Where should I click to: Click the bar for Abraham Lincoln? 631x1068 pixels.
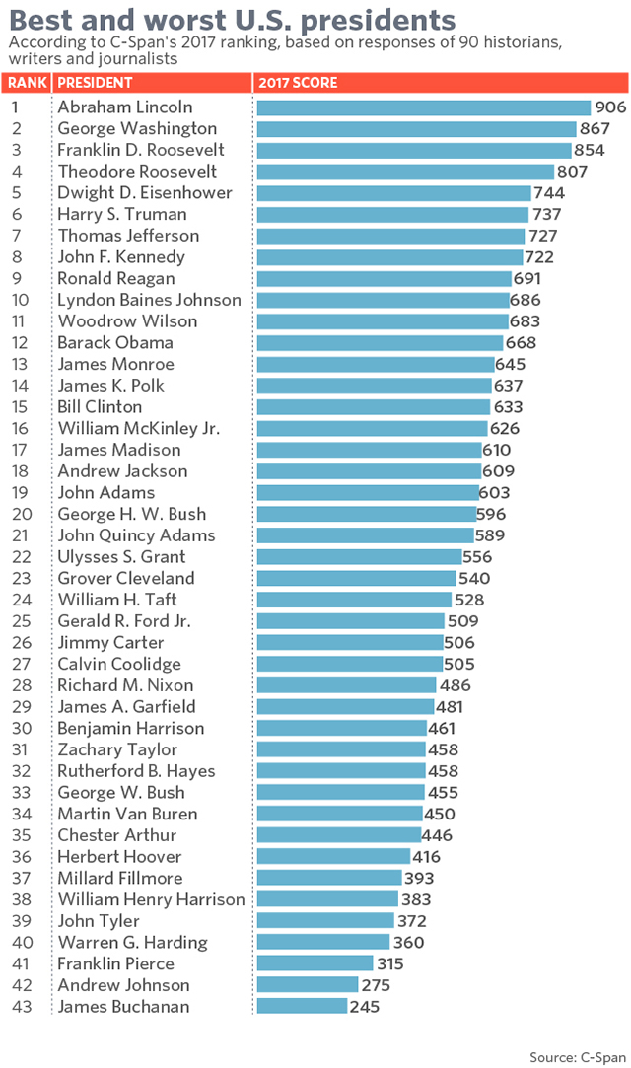[423, 107]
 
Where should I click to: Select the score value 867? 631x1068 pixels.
[595, 129]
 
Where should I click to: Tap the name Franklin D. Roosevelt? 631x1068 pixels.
[141, 150]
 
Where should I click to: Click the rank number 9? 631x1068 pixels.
[18, 279]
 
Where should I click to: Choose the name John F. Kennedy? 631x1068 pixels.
[120, 257]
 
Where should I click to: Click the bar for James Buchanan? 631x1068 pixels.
[302, 1007]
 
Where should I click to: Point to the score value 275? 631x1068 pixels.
[376, 985]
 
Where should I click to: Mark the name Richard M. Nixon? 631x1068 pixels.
[125, 685]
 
